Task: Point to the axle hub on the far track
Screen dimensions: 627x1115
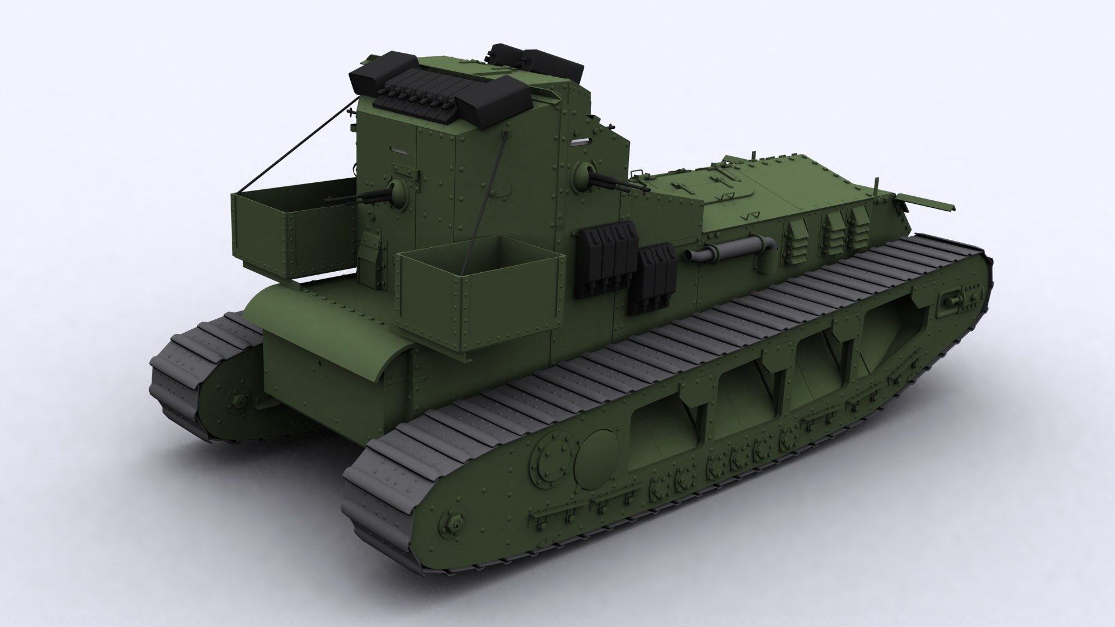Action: tap(239, 401)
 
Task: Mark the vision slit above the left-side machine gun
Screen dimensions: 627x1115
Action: tap(398, 149)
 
